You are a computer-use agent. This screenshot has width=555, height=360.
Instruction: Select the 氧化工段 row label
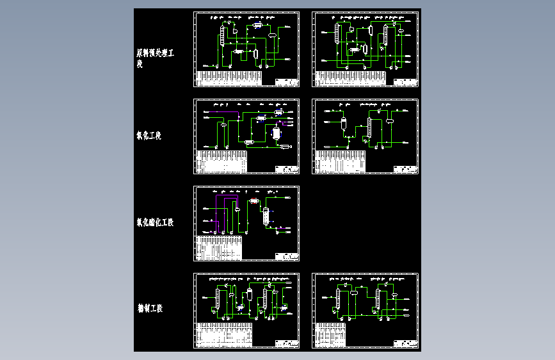pyautogui.click(x=149, y=136)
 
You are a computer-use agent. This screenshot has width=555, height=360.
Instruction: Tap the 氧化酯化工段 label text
pyautogui.click(x=154, y=223)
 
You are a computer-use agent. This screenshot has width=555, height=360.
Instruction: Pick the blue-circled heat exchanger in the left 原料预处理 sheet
pyautogui.click(x=257, y=25)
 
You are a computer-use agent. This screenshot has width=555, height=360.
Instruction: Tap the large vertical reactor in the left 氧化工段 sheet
pyautogui.click(x=277, y=133)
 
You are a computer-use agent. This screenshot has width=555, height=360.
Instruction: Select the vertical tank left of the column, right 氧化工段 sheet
pyautogui.click(x=343, y=124)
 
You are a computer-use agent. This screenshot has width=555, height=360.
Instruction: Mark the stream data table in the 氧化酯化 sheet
pyautogui.click(x=219, y=247)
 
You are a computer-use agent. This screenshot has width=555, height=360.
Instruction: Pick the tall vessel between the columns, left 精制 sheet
pyautogui.click(x=249, y=299)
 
